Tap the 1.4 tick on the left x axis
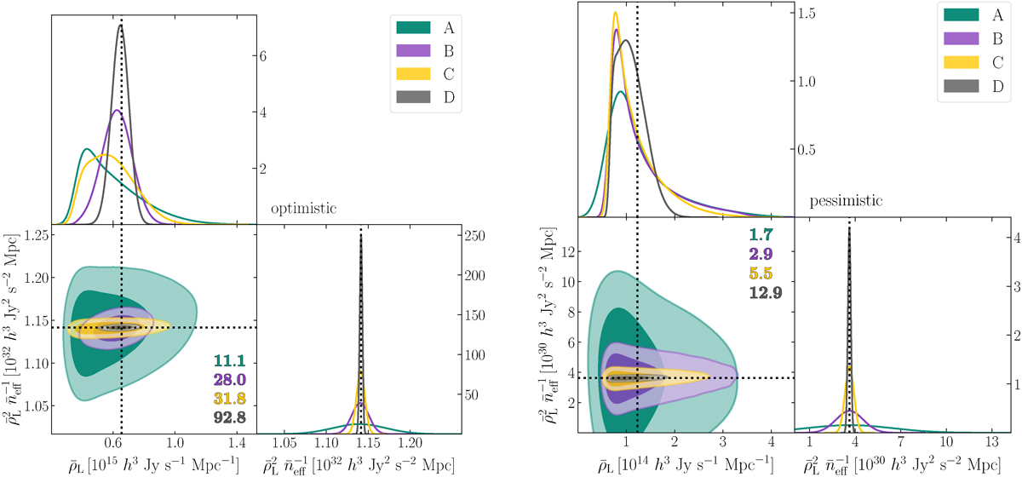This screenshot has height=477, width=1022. point(237,444)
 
